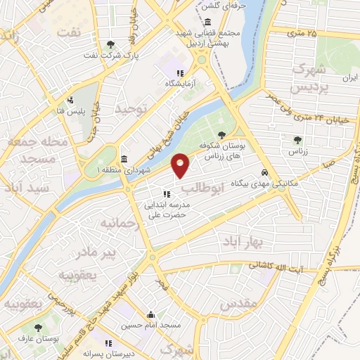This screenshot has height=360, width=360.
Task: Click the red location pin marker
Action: pos(181,165)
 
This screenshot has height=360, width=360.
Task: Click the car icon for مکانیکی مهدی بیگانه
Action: pos(264,172)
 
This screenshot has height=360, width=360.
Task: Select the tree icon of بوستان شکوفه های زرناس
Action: pos(222,134)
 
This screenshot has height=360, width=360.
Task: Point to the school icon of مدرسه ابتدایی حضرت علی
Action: pos(167,194)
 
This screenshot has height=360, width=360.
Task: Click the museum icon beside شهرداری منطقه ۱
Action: pos(124,157)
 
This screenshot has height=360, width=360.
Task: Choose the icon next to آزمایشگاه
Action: pos(180,72)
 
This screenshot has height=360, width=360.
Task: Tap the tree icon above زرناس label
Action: pos(297,139)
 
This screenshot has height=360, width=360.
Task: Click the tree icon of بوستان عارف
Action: pos(37,328)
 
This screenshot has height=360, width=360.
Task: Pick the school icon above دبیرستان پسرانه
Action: pos(108,343)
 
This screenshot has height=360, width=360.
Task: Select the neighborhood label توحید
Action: pos(134,110)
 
